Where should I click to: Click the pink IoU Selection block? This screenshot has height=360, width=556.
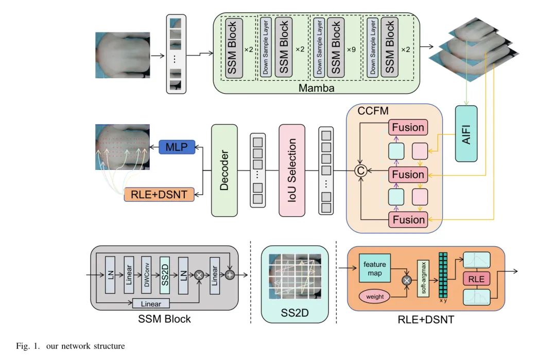(292, 170)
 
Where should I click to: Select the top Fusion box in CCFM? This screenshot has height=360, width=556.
(408, 127)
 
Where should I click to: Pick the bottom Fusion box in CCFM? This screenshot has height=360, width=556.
(408, 220)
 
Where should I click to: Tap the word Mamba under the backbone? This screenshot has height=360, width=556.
(317, 88)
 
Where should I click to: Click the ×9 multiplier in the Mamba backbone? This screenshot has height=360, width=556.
(351, 49)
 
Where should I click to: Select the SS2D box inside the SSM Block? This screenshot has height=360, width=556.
(164, 275)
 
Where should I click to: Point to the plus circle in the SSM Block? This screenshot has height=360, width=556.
(230, 275)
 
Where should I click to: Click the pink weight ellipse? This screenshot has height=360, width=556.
(375, 297)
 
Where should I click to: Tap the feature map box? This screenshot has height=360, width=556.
(374, 268)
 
